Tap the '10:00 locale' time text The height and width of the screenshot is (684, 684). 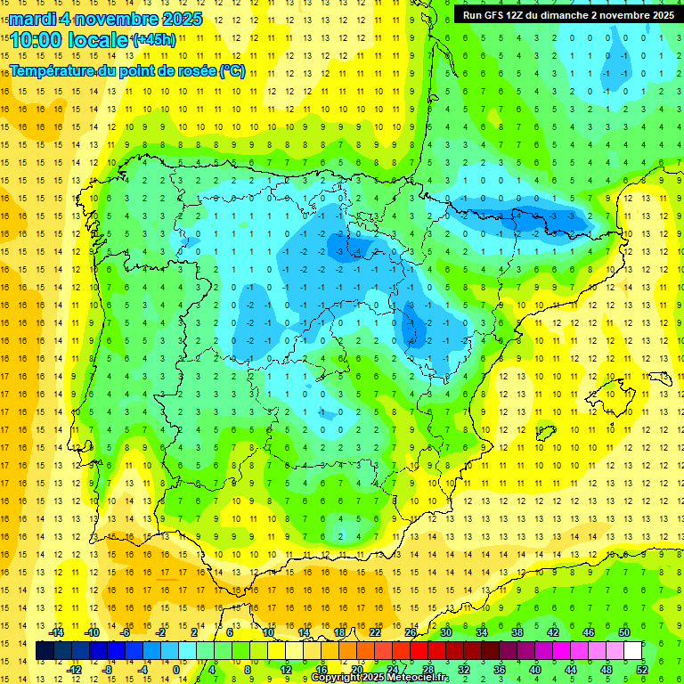coord(69,39)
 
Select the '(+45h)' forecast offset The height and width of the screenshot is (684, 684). coord(154,39)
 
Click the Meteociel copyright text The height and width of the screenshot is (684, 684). coord(379,678)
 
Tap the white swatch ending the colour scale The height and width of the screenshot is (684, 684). coord(633,651)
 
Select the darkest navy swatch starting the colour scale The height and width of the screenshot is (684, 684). coord(45,651)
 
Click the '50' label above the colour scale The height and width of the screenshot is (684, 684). coord(624,632)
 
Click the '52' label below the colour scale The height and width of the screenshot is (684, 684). coord(642,669)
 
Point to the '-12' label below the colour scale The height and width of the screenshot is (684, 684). coord(74,669)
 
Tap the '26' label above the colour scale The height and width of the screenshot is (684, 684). coord(411,632)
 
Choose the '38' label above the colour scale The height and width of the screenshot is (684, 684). coord(517,632)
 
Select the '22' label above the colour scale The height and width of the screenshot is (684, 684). coord(375,632)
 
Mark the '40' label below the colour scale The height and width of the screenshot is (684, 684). coord(535,669)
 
